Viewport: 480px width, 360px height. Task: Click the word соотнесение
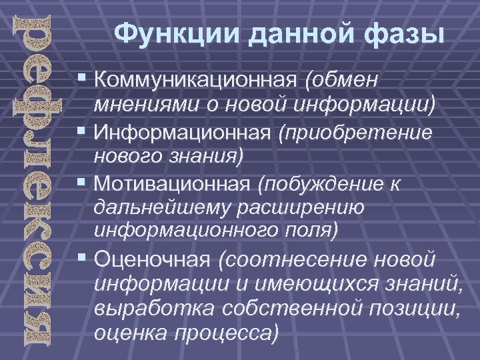coord(307,259)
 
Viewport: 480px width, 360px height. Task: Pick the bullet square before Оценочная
coord(82,258)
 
